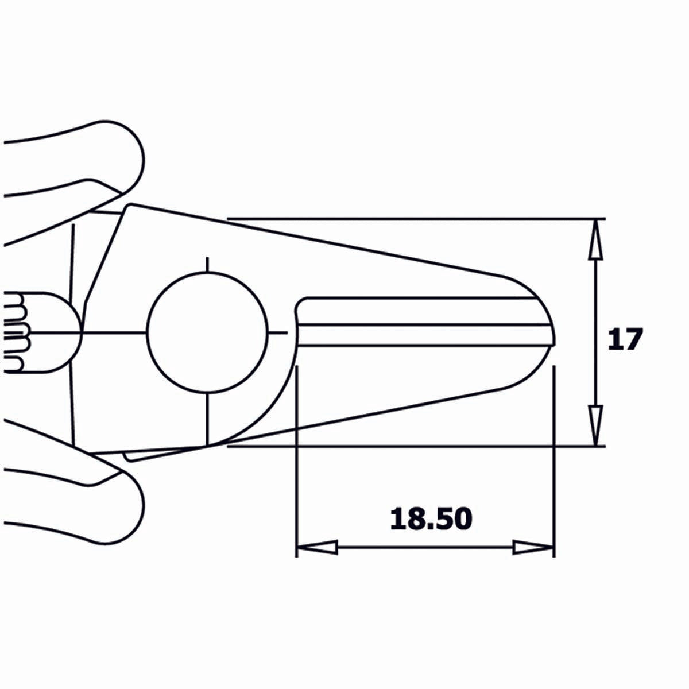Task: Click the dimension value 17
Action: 624,340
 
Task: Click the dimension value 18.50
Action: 431,519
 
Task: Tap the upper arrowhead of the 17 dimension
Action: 597,237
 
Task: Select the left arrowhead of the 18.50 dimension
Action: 316,547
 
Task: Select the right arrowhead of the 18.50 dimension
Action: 533,547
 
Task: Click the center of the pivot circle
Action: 207,332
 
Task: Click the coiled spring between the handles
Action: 17,332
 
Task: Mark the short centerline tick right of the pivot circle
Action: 278,332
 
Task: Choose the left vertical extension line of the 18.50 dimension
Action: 296,459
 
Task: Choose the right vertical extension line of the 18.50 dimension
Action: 553,459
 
